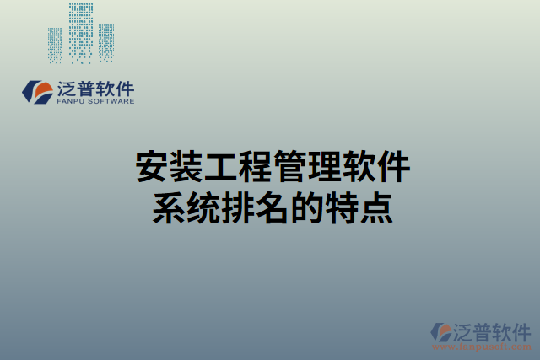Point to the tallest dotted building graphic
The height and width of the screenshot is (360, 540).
pyautogui.click(x=81, y=32)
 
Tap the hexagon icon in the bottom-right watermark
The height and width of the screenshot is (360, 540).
pyautogui.click(x=440, y=332)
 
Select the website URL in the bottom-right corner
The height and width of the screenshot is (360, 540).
pyautogui.click(x=489, y=346)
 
